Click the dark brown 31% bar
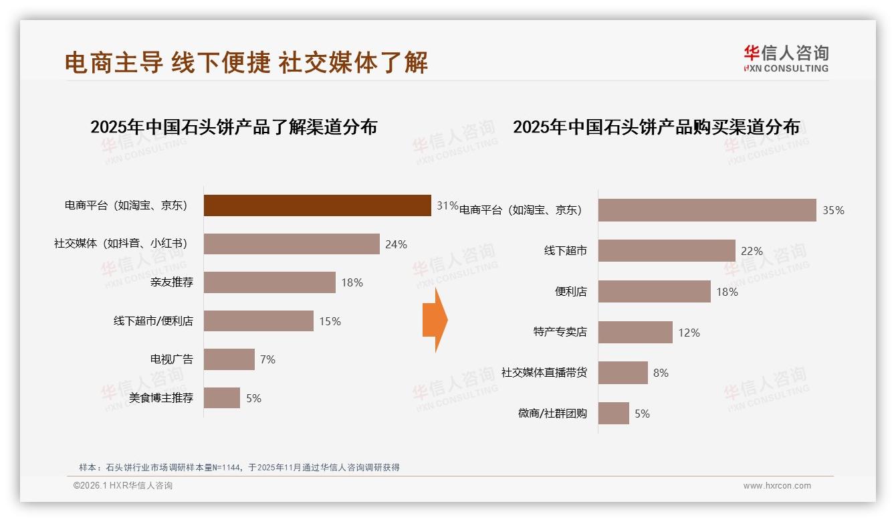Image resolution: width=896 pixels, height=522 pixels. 317,205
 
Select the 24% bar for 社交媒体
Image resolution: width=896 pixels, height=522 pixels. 292,244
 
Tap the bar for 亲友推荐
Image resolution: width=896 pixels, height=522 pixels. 269,282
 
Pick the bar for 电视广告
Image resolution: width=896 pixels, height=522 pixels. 229,359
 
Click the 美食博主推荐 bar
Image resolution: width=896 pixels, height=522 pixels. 222,398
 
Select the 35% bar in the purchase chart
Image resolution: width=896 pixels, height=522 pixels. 707,210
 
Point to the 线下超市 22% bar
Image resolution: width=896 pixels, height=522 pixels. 667,251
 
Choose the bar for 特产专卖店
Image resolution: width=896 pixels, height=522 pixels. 635,333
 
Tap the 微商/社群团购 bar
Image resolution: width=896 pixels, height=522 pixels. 614,414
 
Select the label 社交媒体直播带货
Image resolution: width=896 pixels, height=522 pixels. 544,373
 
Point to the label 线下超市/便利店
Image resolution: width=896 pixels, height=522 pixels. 153,321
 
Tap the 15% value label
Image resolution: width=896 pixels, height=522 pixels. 330,321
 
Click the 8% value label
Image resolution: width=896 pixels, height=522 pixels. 661,373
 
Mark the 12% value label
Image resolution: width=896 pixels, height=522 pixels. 689,333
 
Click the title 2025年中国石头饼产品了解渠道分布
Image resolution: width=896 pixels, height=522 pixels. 233,126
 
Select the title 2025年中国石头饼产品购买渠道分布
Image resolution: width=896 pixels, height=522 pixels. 656,126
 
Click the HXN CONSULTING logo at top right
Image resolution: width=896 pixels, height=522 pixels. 786,59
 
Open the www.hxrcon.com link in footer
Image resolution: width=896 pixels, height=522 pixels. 777,486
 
